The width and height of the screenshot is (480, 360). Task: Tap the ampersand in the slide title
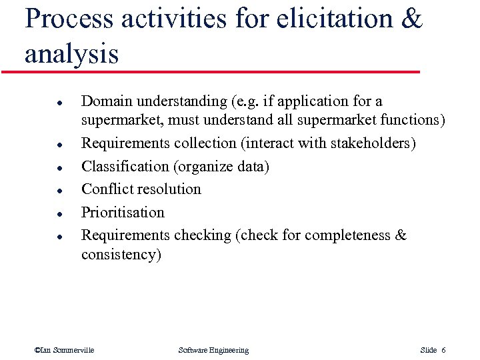point(412,19)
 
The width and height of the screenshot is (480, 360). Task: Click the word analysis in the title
point(71,54)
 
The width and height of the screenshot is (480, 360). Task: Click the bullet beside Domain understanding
point(59,103)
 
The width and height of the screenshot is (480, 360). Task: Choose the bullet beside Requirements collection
point(59,145)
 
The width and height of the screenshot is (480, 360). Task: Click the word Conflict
point(105,189)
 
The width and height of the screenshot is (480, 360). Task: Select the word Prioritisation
point(123,213)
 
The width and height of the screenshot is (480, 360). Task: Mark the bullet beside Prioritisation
point(59,214)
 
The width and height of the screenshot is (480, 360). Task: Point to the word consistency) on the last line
point(121,255)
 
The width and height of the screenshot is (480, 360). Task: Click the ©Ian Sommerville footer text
point(64,350)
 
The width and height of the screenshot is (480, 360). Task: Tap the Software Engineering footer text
point(213,350)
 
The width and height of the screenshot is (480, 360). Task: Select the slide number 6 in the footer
point(443,350)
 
